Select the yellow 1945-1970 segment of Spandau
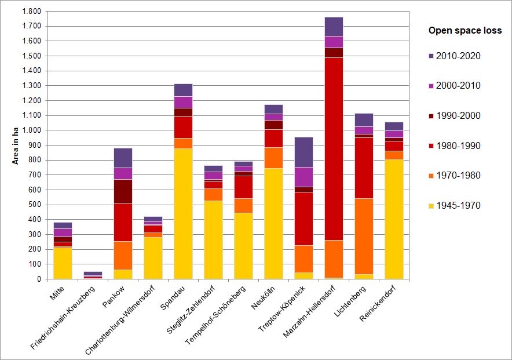point(183,214)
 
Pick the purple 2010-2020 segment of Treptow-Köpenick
point(303,152)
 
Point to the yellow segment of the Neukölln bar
point(273,223)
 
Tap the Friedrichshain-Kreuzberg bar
point(93,275)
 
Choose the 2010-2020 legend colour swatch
point(431,56)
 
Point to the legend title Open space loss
point(465,31)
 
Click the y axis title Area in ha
point(16,146)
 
